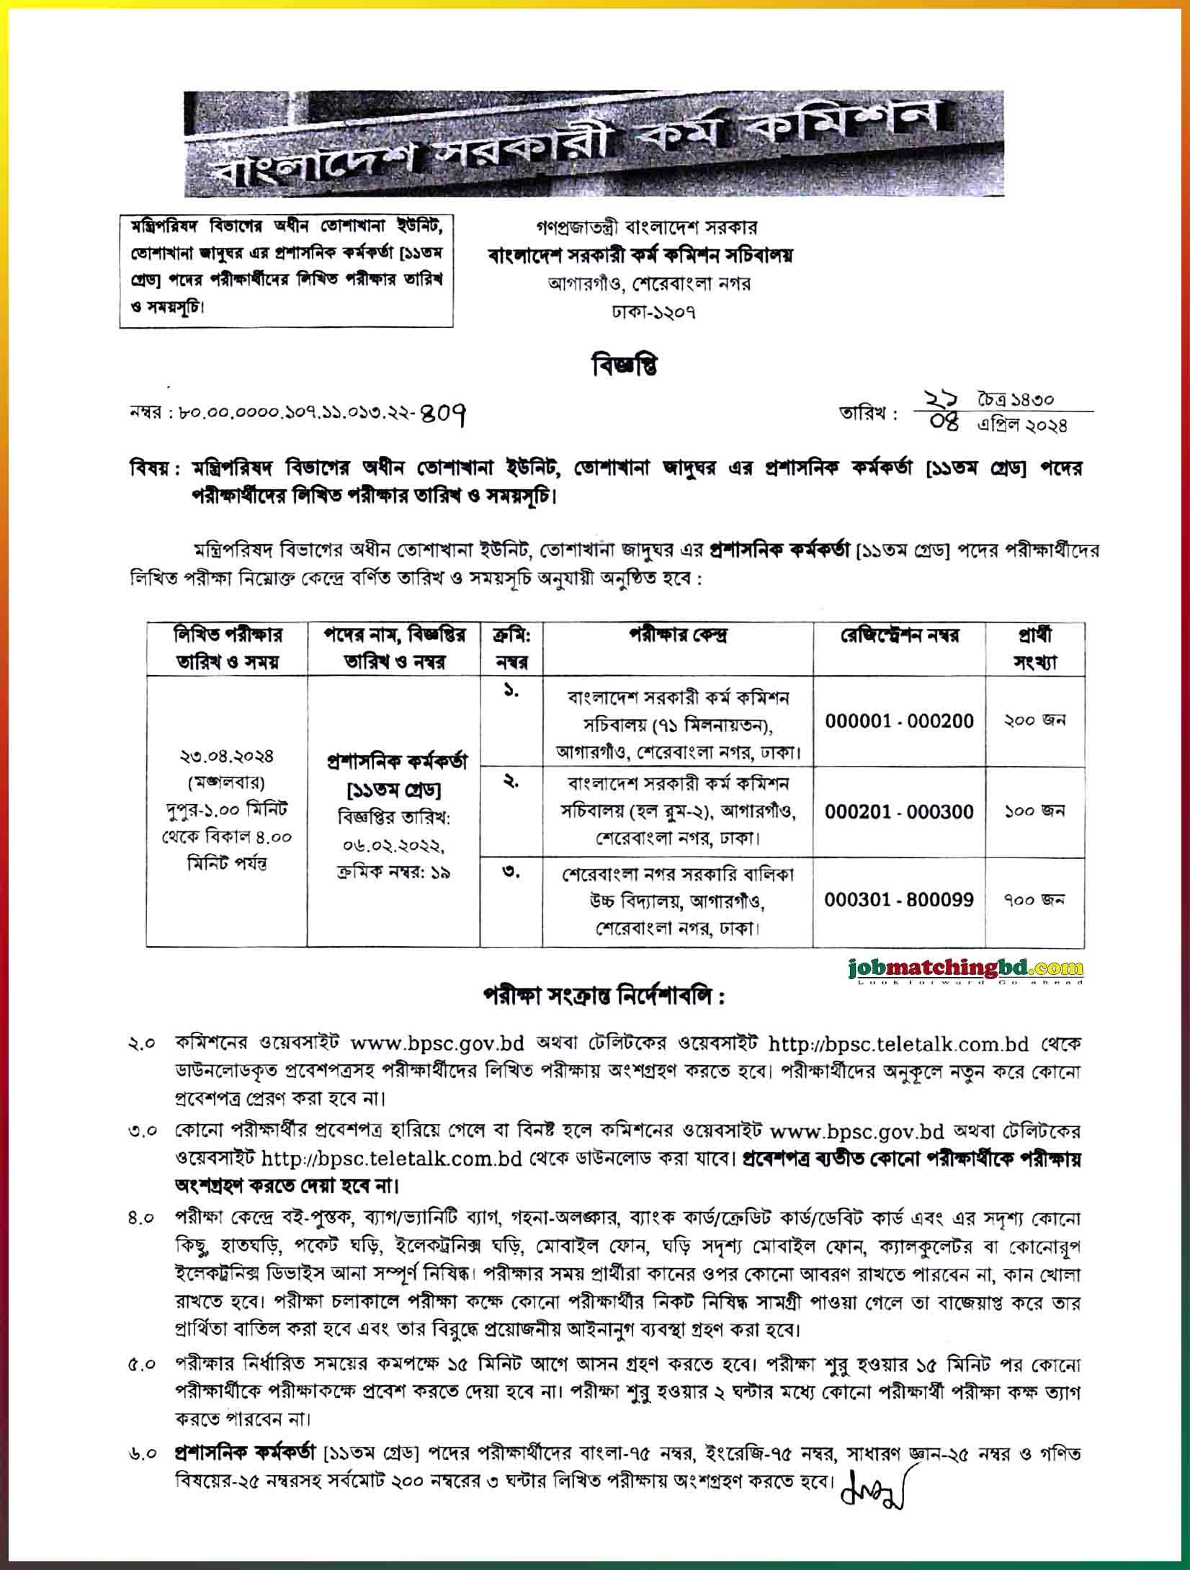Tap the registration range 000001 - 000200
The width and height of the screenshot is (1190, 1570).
tap(900, 721)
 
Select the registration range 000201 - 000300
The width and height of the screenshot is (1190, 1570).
tap(900, 811)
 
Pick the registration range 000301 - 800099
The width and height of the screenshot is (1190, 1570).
tap(900, 899)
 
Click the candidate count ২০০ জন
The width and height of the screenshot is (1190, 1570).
tap(1034, 721)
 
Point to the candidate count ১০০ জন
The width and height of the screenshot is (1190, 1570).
tap(1034, 811)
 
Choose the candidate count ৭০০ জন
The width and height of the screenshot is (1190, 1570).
tap(1034, 900)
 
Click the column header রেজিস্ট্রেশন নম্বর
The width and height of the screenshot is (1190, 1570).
tap(900, 636)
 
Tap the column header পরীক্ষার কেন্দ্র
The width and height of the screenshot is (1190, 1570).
tap(678, 636)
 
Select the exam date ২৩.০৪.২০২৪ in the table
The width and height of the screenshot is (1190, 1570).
tap(227, 757)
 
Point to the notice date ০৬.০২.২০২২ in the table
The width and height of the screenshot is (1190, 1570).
tap(393, 844)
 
